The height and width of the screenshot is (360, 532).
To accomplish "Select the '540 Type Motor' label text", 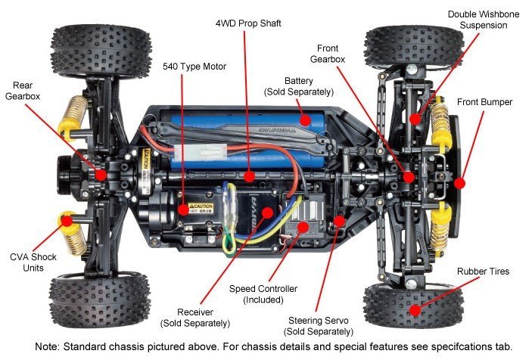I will click(x=194, y=66).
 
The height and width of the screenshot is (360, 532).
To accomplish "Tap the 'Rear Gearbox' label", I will click(x=24, y=90).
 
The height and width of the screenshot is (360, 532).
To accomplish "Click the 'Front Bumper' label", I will click(x=484, y=102).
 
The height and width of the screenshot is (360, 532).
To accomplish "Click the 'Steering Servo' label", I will click(x=312, y=325).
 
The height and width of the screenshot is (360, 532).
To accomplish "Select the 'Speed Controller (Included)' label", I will click(x=262, y=294).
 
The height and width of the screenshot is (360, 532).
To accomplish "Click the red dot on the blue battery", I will click(x=305, y=119).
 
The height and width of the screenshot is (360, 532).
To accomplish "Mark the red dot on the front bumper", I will click(x=459, y=182).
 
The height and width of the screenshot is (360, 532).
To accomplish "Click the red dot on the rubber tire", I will click(x=414, y=309).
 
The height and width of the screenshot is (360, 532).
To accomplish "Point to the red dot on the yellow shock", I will click(x=67, y=221).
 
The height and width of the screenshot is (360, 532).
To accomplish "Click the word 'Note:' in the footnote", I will click(x=50, y=346).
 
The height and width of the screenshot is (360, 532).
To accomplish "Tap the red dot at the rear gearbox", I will click(x=99, y=174).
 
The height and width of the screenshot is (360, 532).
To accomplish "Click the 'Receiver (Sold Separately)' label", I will click(x=194, y=317).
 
